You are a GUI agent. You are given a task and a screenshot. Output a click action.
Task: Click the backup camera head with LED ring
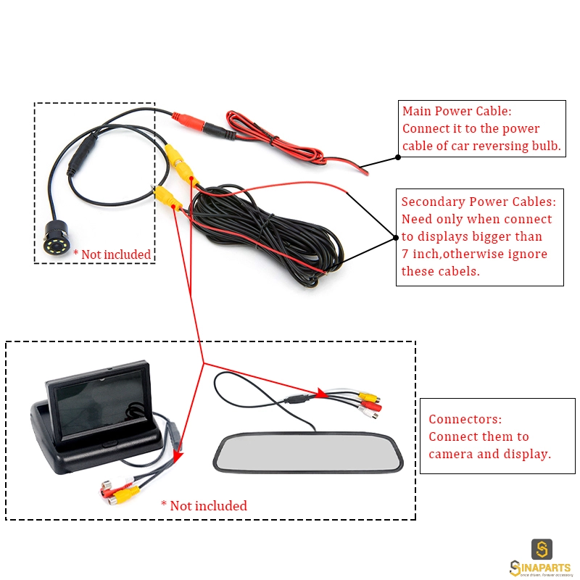56,239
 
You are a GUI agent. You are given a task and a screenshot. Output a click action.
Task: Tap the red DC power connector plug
188,120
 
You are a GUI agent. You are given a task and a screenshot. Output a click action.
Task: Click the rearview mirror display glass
308,452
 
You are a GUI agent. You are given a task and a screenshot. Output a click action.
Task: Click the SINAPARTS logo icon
542,549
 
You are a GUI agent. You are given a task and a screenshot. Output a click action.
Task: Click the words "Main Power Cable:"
457,111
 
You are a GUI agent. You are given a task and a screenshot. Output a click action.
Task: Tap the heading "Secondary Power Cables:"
478,202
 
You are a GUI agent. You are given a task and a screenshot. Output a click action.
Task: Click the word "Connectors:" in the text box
465,419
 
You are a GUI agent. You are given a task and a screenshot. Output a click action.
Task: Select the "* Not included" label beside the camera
112,254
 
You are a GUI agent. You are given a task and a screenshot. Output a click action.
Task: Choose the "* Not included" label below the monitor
204,505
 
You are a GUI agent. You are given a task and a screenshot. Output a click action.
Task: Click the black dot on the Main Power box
398,157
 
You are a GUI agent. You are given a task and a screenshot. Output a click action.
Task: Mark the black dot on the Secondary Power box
396,238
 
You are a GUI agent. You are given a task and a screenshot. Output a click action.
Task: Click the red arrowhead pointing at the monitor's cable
178,456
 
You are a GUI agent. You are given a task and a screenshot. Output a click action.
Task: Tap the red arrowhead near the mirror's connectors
321,392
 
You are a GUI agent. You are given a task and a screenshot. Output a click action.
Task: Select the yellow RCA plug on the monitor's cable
126,494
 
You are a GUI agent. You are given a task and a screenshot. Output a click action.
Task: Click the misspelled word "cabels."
459,271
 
